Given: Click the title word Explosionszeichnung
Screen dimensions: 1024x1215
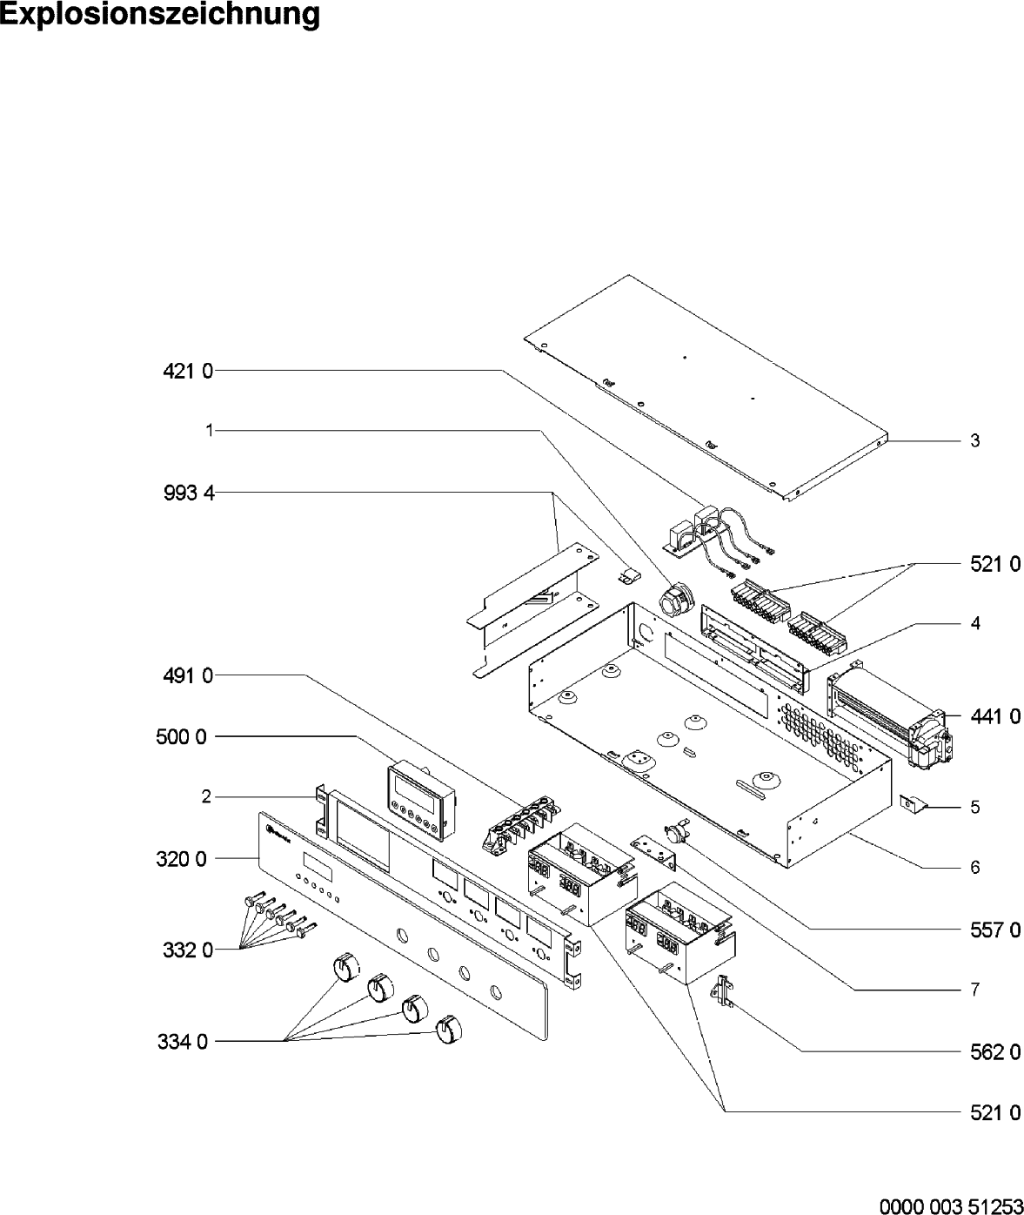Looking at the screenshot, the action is [160, 14].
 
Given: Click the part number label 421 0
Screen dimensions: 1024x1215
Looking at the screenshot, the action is [188, 371].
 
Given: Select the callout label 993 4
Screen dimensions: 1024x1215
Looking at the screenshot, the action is [189, 493].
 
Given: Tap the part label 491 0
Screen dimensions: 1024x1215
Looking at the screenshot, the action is [188, 675].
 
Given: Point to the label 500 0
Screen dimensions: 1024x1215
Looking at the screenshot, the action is [181, 737].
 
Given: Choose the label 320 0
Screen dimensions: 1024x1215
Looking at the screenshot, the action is [181, 859].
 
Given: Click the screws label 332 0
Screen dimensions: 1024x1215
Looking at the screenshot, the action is [187, 950].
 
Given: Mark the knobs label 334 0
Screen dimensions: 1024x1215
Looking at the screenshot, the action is [182, 1042].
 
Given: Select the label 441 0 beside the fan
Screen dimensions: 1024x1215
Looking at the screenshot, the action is [995, 717].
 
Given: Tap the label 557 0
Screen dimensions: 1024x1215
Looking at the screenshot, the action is [995, 930].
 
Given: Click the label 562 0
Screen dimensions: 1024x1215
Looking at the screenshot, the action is [995, 1052].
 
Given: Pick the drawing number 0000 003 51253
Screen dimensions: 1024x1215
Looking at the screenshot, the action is [951, 1205].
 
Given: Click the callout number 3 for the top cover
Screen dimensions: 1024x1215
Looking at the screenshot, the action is [975, 440].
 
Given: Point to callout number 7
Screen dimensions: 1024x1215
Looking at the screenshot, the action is [975, 990].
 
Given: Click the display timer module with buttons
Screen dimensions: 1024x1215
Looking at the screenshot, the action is [421, 801].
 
